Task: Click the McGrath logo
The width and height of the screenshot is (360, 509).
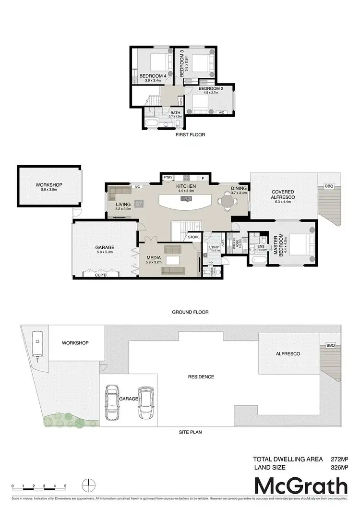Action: pyautogui.click(x=300, y=486)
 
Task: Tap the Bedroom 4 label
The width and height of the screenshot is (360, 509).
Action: pyautogui.click(x=153, y=76)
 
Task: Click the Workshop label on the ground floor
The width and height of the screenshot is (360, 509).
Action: pyautogui.click(x=49, y=184)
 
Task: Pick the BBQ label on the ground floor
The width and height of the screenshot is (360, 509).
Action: pyautogui.click(x=329, y=185)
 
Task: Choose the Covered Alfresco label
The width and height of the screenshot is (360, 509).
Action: pyautogui.click(x=283, y=194)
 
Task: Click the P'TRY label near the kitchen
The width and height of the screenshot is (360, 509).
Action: pyautogui.click(x=168, y=178)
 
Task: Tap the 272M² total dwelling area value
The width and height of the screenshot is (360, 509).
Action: pyautogui.click(x=339, y=459)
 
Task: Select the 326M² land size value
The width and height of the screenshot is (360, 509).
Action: pyautogui.click(x=339, y=467)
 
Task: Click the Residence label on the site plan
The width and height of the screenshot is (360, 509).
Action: pyautogui.click(x=201, y=376)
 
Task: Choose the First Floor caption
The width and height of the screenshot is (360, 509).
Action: pyautogui.click(x=191, y=135)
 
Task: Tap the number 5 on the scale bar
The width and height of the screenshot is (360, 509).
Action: pyautogui.click(x=65, y=486)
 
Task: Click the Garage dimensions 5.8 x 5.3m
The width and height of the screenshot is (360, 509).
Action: pyautogui.click(x=104, y=253)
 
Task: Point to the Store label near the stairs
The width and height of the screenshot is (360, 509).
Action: pyautogui.click(x=193, y=237)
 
